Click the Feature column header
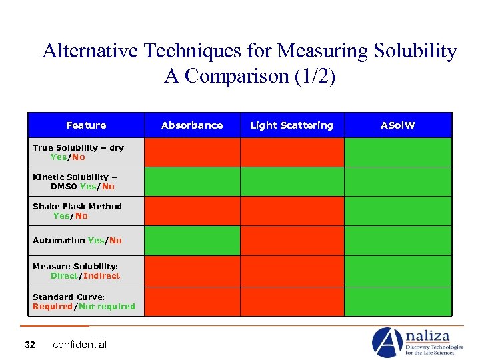[x=86, y=125]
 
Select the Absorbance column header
[x=192, y=125]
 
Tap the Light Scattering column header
[x=291, y=125]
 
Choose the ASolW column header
[x=397, y=125]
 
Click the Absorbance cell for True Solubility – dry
[x=192, y=152]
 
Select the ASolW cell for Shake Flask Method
[x=397, y=211]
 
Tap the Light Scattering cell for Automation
[x=291, y=241]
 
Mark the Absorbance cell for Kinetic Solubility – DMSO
[x=192, y=181]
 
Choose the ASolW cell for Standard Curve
[x=397, y=301]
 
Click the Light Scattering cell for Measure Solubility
[x=291, y=271]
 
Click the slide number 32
[x=29, y=345]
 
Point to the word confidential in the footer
[x=79, y=345]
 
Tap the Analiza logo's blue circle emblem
[x=387, y=342]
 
